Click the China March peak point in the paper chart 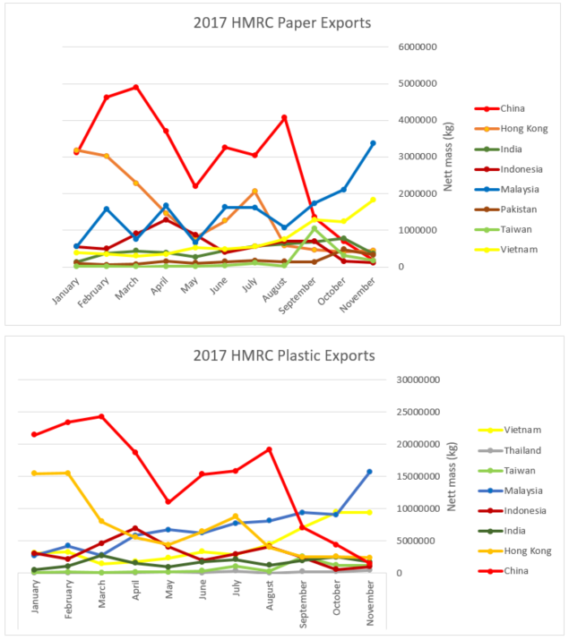pyautogui.click(x=135, y=87)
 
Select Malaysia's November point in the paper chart pyautogui.click(x=373, y=143)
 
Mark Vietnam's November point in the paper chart pyautogui.click(x=373, y=200)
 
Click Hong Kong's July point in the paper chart pyautogui.click(x=254, y=191)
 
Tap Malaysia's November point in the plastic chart pyautogui.click(x=369, y=472)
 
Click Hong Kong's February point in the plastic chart pyautogui.click(x=68, y=473)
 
